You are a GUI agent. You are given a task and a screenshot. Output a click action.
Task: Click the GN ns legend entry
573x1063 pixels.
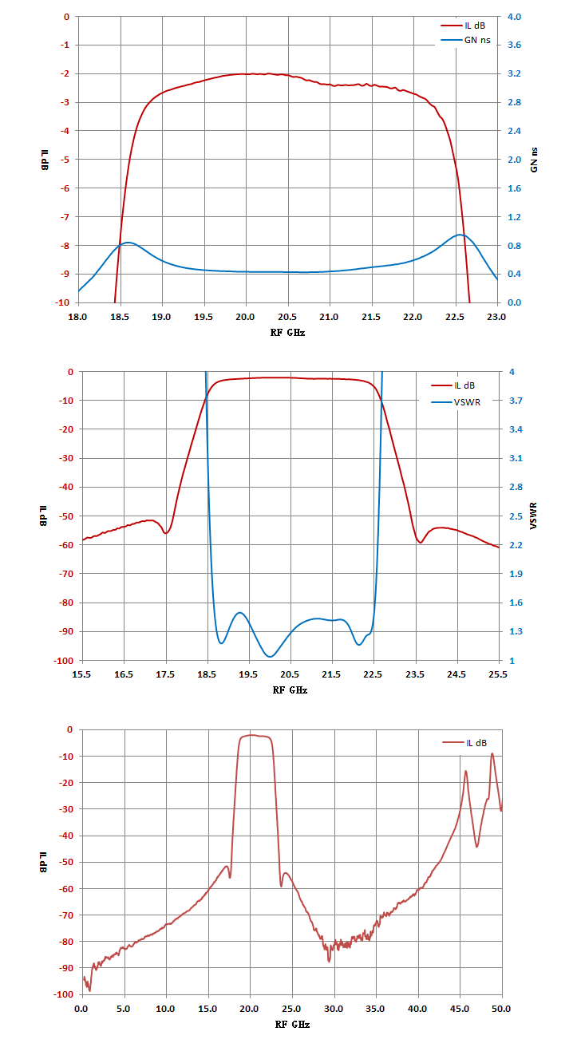[466, 40]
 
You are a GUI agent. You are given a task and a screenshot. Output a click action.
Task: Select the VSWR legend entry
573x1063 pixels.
[456, 402]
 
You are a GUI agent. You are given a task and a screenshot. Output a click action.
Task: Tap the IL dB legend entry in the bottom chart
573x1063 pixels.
[464, 743]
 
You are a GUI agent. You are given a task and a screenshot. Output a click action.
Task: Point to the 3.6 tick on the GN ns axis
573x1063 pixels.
[514, 45]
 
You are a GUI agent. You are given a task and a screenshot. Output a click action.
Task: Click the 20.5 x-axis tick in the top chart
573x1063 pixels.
[287, 317]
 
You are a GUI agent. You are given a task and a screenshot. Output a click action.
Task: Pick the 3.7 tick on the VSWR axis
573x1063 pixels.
[516, 401]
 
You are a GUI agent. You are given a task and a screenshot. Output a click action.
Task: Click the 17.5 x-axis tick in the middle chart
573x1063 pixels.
[165, 674]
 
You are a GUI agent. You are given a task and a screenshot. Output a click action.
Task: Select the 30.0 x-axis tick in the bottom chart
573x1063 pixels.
[334, 1009]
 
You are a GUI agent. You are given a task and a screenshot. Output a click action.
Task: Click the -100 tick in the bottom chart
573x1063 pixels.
[64, 994]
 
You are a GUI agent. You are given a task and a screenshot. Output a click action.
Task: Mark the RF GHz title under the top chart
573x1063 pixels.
[287, 333]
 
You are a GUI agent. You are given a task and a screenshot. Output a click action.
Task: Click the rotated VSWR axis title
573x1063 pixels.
[534, 516]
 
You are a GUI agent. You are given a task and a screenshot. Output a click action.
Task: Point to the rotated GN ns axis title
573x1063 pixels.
[534, 160]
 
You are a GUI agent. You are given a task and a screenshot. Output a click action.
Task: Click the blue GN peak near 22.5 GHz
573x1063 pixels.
[460, 235]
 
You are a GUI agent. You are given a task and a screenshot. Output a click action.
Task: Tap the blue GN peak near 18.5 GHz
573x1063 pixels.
[127, 242]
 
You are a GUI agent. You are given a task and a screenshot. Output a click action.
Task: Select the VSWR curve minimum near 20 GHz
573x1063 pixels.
[270, 656]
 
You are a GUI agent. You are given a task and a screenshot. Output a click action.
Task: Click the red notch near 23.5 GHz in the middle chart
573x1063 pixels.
[420, 543]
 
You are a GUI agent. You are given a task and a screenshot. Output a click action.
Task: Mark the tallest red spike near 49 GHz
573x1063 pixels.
[492, 753]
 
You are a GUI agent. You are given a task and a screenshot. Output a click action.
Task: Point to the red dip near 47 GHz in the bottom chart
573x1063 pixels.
[477, 847]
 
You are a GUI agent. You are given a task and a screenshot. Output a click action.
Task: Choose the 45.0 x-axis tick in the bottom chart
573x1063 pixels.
[460, 1009]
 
